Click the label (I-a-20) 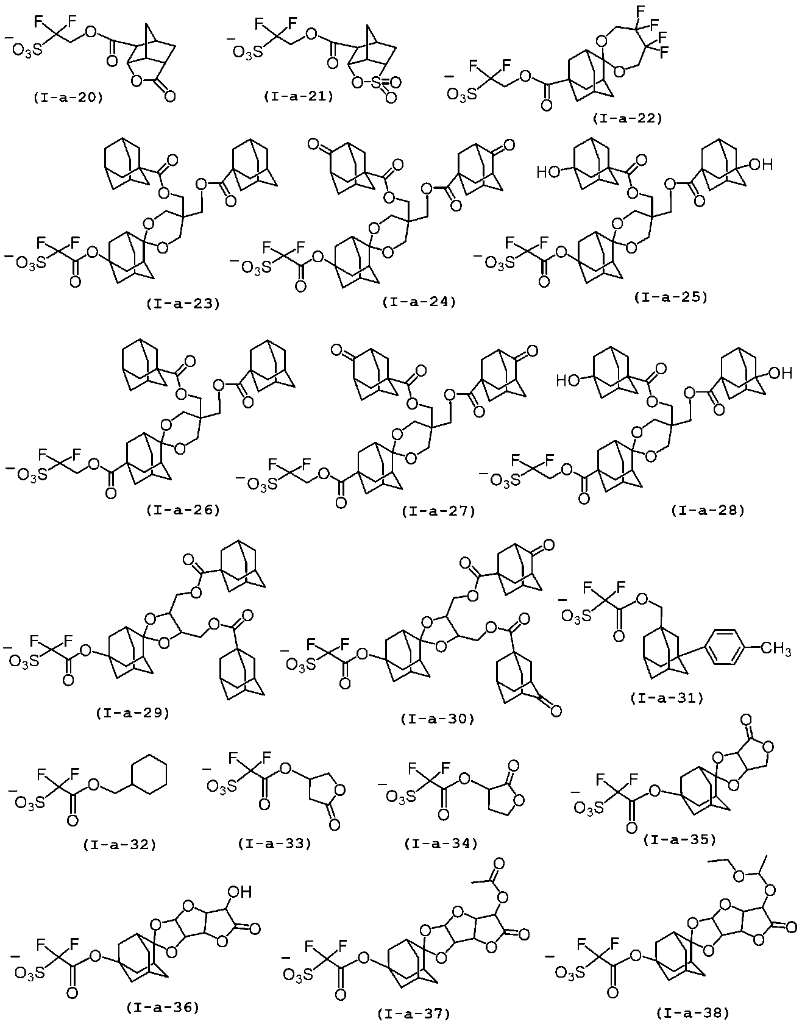click(68, 96)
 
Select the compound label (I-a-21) click(299, 96)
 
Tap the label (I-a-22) click(626, 118)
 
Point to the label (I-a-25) click(670, 297)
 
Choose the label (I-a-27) click(439, 511)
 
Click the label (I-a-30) click(438, 719)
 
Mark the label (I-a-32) click(119, 844)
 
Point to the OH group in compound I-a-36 click(240, 892)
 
